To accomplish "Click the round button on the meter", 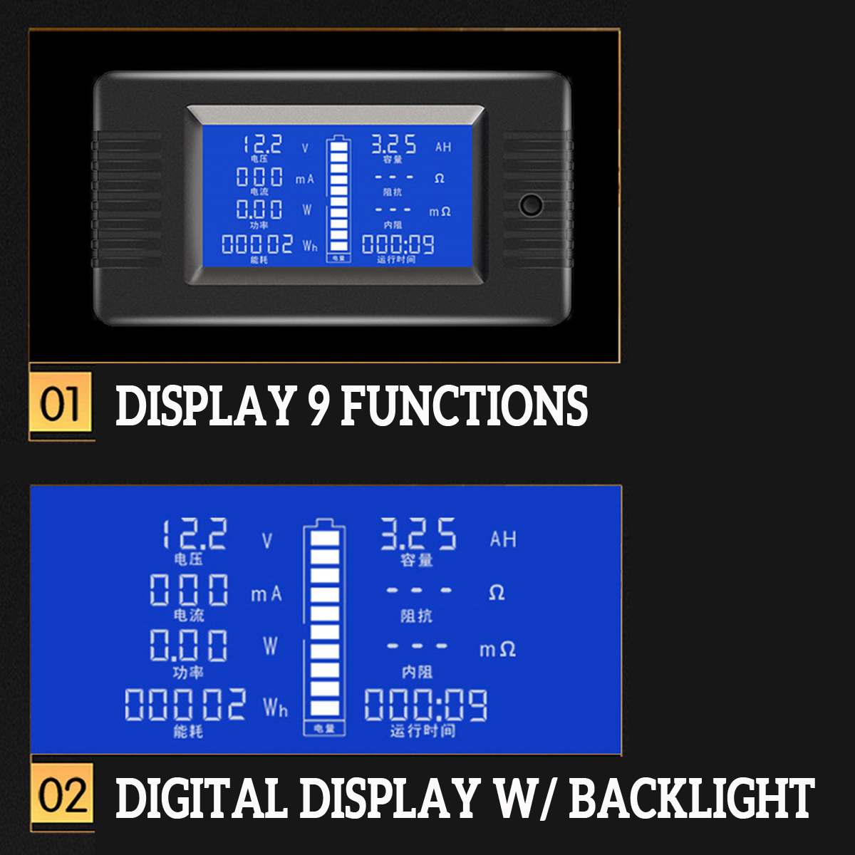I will coord(531,205).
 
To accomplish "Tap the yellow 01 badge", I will coord(61,403).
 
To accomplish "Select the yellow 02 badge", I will coord(62,796).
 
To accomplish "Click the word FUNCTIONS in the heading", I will coord(465,406).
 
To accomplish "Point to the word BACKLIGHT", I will coord(691,797).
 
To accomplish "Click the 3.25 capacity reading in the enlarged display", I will coord(418,534).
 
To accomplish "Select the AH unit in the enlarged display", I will coord(502,539).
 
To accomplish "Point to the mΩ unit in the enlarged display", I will coord(497,649).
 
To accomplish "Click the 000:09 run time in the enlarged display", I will coord(425,705).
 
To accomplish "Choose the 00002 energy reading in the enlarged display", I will coord(185,705).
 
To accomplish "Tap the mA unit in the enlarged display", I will coord(266,594).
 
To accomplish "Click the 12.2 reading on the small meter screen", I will coord(262,145).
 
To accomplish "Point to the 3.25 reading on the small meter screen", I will coord(393,145).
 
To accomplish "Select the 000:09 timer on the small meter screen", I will coord(398,244).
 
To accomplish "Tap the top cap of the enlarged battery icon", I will coord(324,522).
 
